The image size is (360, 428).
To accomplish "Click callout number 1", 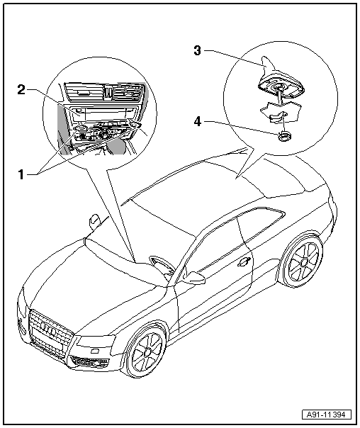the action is (21, 174).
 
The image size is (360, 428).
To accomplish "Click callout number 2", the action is (21, 89).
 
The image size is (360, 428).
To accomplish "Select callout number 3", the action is (197, 50).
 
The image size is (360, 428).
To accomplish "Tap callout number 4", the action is (197, 121).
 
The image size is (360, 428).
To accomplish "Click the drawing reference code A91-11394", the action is (326, 415).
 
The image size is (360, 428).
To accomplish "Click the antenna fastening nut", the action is (284, 136).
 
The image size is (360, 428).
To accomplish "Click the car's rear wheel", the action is (303, 262).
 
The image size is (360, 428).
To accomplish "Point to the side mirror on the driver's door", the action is (193, 278).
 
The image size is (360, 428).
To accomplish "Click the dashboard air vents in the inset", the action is (104, 93).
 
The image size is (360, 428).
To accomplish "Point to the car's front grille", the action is (50, 332).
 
